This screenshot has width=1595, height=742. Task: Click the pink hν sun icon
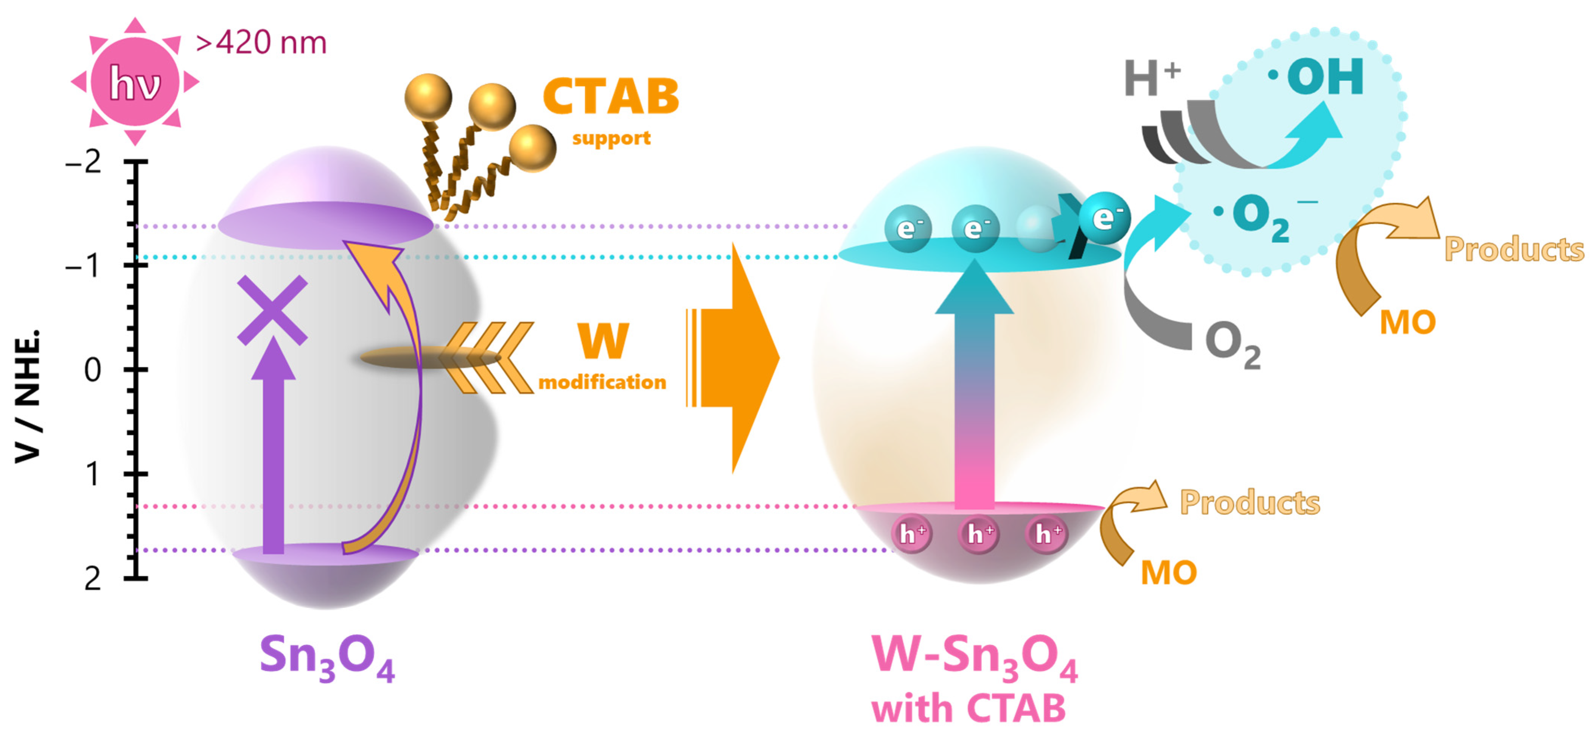pos(135,82)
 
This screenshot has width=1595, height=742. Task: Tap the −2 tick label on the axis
pos(84,162)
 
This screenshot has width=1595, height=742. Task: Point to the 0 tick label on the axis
pos(92,370)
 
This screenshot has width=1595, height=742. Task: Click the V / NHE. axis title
pos(28,396)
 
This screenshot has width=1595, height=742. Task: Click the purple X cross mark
pos(272,310)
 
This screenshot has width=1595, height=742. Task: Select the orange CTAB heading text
pos(611,97)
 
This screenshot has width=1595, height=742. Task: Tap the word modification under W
pos(602,382)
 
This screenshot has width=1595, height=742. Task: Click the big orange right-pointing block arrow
pos(734,358)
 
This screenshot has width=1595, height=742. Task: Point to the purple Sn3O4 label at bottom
pos(327,658)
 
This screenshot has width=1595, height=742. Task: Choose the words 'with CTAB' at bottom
pos(969,709)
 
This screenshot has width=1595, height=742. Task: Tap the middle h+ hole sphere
pos(978,534)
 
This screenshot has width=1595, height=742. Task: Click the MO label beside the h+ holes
pos(1168,573)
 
